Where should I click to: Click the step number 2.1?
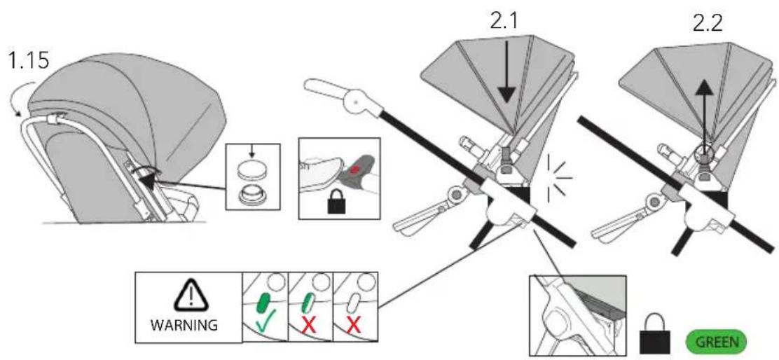click(x=504, y=21)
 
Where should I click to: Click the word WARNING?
click(x=184, y=326)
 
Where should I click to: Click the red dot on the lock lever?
click(x=354, y=169)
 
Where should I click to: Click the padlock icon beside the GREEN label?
click(x=656, y=336)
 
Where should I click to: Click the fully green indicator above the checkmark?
click(x=263, y=303)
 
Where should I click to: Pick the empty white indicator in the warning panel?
click(x=354, y=303)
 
